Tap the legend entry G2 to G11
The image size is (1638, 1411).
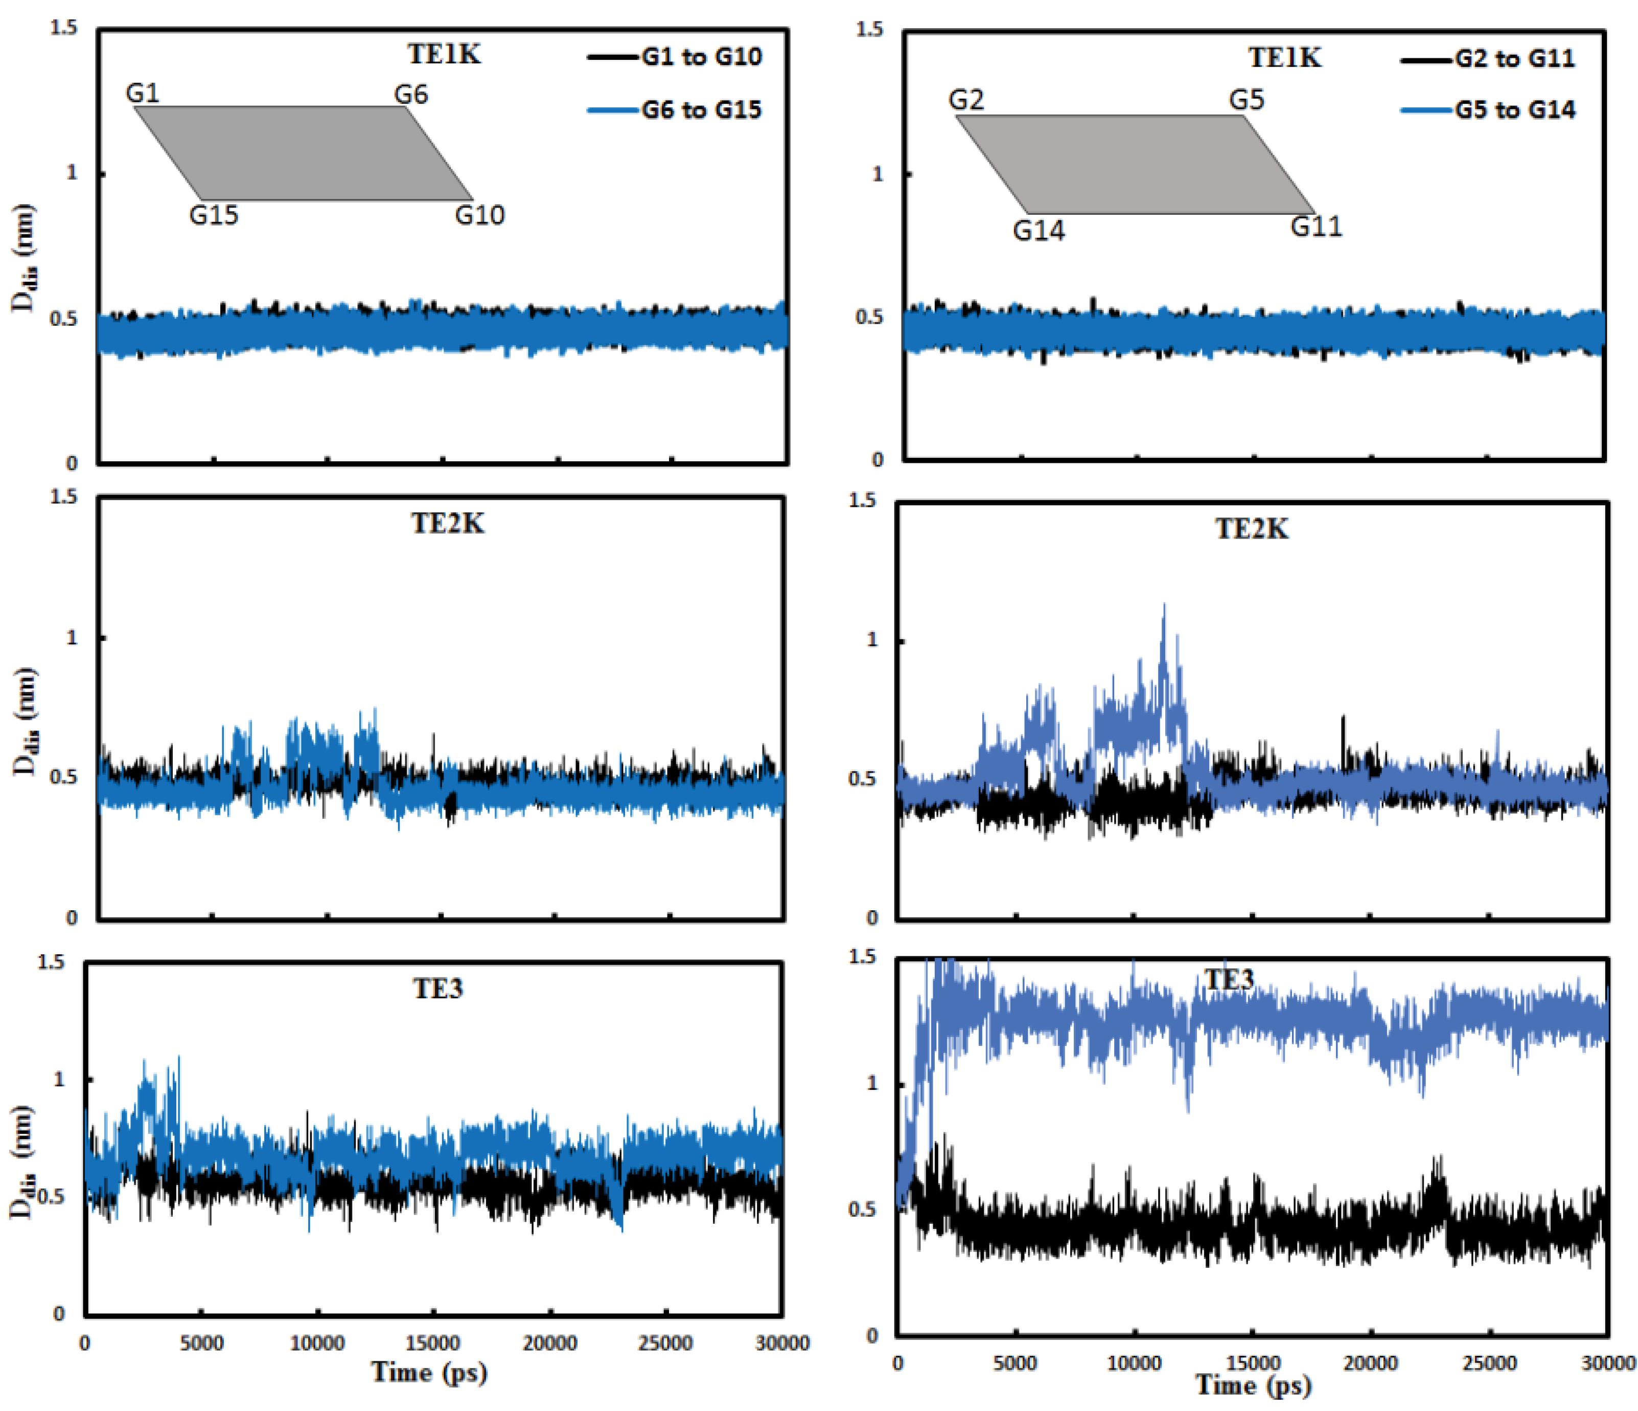[1515, 58]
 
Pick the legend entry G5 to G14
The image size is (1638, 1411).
[1515, 110]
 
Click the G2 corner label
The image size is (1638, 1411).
[966, 100]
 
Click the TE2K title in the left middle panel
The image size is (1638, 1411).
[447, 524]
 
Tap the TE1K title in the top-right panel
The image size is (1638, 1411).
[1285, 58]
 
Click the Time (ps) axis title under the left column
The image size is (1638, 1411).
[429, 1372]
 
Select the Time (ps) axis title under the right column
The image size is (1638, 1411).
[1253, 1385]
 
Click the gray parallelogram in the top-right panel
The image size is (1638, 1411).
[1135, 165]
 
